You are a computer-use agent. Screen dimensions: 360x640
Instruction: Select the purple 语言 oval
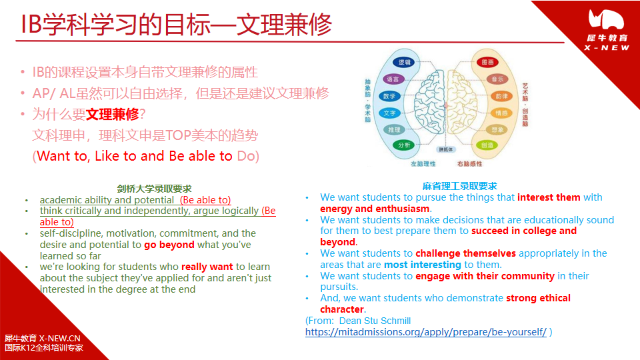click(x=393, y=79)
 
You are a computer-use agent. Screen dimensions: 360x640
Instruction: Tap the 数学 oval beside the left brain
click(x=389, y=96)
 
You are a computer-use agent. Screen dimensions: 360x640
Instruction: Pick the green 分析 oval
click(x=404, y=145)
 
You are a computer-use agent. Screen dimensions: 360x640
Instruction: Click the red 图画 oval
click(x=487, y=62)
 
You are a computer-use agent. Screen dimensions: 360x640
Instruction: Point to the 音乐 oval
click(x=498, y=79)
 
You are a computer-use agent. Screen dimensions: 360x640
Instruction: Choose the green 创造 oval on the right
click(x=487, y=145)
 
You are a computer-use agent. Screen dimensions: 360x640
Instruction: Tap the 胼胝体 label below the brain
click(x=445, y=149)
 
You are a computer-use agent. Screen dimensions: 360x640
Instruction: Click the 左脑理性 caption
click(x=423, y=163)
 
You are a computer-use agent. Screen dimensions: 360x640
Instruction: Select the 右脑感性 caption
click(x=469, y=163)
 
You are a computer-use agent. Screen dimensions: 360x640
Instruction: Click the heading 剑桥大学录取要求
click(x=154, y=189)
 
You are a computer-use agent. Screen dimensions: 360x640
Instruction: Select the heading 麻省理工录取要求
click(x=460, y=186)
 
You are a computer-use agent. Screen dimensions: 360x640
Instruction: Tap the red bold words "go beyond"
click(x=169, y=245)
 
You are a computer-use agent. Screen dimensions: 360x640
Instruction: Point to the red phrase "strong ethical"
click(x=538, y=298)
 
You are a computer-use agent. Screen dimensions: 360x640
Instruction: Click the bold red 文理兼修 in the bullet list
click(x=113, y=114)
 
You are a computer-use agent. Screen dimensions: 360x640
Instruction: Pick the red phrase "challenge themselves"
click(x=465, y=253)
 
